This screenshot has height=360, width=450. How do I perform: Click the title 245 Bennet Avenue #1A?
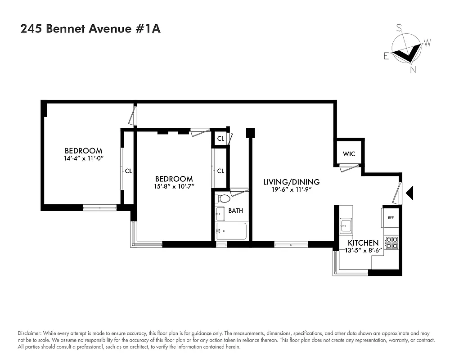click(x=90, y=29)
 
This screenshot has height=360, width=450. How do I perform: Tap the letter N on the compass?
click(x=413, y=69)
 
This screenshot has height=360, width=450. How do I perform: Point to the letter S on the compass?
click(x=399, y=28)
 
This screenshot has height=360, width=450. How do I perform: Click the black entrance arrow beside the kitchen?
click(x=409, y=193)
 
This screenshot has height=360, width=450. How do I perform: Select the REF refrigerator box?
click(x=391, y=218)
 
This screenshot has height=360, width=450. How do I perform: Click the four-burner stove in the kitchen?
click(x=392, y=243)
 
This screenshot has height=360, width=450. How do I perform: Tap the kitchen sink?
click(x=346, y=225)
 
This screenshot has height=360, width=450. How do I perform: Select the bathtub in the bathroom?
click(x=231, y=231)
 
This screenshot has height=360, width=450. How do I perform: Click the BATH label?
click(x=235, y=210)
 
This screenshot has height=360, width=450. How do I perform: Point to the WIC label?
click(x=349, y=154)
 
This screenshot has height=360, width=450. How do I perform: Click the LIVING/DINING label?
click(x=292, y=182)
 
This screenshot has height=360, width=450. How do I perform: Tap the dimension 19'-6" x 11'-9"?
click(x=292, y=189)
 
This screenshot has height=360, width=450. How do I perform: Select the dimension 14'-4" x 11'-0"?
click(x=84, y=158)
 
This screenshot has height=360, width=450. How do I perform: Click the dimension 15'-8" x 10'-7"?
click(x=174, y=186)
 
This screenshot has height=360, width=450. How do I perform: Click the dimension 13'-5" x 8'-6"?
click(x=364, y=250)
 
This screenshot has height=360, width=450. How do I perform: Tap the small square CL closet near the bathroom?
click(x=220, y=139)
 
